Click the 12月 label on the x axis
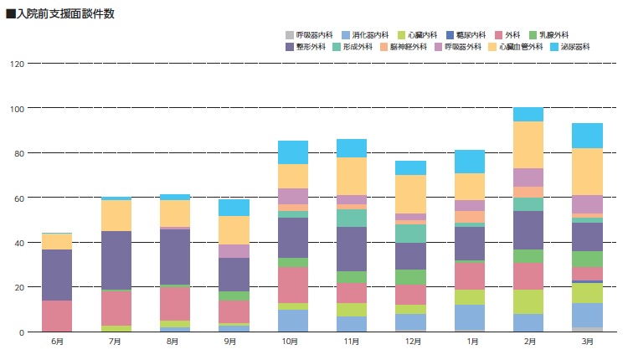tap(410, 342)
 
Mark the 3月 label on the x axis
tap(587, 342)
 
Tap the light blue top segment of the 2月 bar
tap(528, 114)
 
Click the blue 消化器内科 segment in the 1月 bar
tap(469, 318)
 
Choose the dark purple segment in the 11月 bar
tap(352, 249)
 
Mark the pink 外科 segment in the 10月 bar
tap(293, 285)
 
